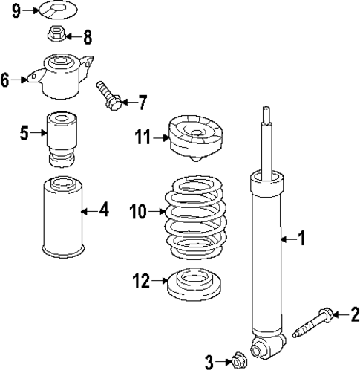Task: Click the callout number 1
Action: click(301, 239)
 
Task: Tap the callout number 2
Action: click(354, 315)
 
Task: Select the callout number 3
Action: click(210, 362)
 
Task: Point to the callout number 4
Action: click(104, 211)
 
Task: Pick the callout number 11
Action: click(143, 137)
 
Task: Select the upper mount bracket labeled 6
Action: click(62, 77)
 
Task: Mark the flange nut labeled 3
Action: click(237, 361)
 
